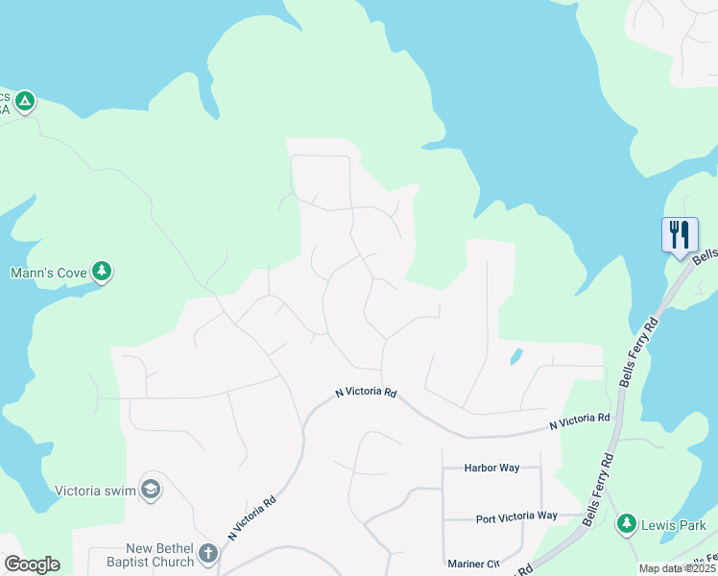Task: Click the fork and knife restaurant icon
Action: pyautogui.click(x=680, y=234)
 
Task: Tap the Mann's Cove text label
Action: pyautogui.click(x=50, y=273)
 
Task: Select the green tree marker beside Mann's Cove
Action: pyautogui.click(x=102, y=272)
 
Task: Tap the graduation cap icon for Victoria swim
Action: pyautogui.click(x=150, y=490)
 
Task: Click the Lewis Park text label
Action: pyautogui.click(x=676, y=525)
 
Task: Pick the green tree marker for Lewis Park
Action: pyautogui.click(x=627, y=523)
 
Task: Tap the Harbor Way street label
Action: pyautogui.click(x=491, y=468)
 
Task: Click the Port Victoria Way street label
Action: pyautogui.click(x=516, y=516)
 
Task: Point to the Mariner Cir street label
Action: pyautogui.click(x=473, y=564)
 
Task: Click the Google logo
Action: pyautogui.click(x=32, y=564)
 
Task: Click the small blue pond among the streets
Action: pyautogui.click(x=516, y=356)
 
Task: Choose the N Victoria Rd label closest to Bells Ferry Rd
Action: pyautogui.click(x=580, y=420)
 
